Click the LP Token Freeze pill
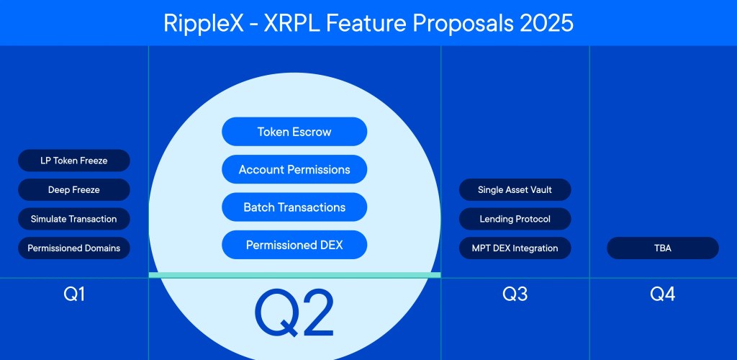pyautogui.click(x=74, y=161)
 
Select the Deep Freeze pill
pyautogui.click(x=74, y=190)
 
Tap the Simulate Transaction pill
pyautogui.click(x=74, y=219)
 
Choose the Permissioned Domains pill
pyautogui.click(x=74, y=248)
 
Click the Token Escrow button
pyautogui.click(x=294, y=132)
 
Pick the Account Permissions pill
pyautogui.click(x=294, y=170)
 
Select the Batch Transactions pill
pyautogui.click(x=294, y=207)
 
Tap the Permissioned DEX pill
pyautogui.click(x=294, y=246)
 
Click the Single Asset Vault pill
pyautogui.click(x=515, y=190)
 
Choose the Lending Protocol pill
pyautogui.click(x=515, y=219)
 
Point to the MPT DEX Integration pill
pyautogui.click(x=515, y=248)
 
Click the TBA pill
pyautogui.click(x=663, y=248)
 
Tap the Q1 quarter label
pyautogui.click(x=74, y=294)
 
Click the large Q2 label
pyautogui.click(x=294, y=312)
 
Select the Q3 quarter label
pyautogui.click(x=515, y=294)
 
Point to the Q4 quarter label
pyautogui.click(x=663, y=294)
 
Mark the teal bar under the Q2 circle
pyautogui.click(x=294, y=275)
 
